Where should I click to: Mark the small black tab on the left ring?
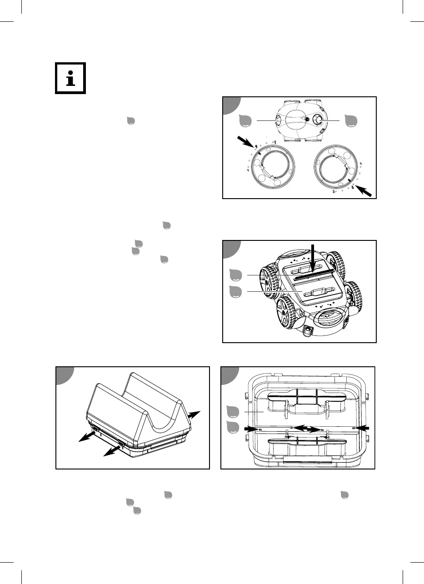point(259,154)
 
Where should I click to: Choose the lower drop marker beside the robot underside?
point(235,291)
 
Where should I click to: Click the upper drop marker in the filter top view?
point(234,412)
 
